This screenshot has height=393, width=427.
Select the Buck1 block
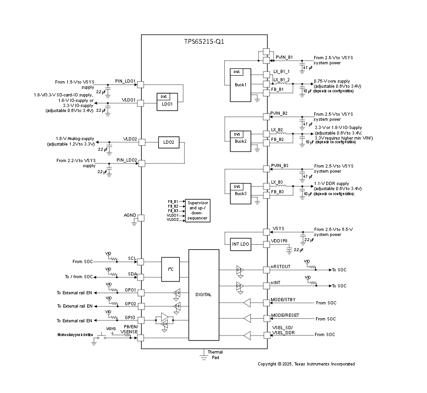(x=241, y=85)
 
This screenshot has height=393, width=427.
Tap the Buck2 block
(x=240, y=141)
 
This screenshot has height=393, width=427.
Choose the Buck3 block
(x=240, y=193)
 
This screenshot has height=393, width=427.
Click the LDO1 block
(x=166, y=104)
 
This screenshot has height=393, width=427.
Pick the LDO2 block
(x=168, y=143)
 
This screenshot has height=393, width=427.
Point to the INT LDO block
(x=240, y=245)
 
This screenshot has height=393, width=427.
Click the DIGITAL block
(x=204, y=295)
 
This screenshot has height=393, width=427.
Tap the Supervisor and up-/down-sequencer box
(x=197, y=210)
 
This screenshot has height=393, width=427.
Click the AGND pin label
(x=130, y=215)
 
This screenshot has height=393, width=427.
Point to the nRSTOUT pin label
(x=280, y=267)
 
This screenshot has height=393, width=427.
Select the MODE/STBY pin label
(x=283, y=300)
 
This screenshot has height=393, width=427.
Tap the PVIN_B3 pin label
(x=279, y=165)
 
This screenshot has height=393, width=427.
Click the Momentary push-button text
(x=75, y=336)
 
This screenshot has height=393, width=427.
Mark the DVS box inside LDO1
(x=163, y=96)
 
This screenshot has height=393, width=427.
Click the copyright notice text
(x=306, y=364)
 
